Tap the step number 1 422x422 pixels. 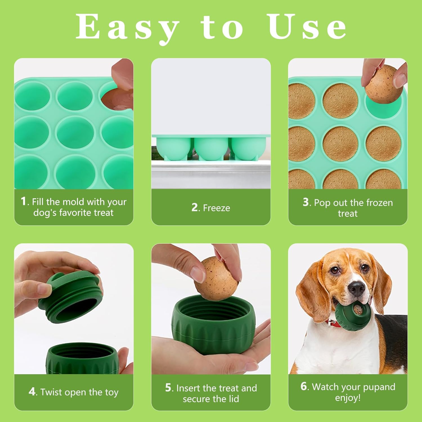pyautogui.click(x=24, y=201)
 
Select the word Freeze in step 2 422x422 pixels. pyautogui.click(x=216, y=208)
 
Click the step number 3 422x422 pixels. pyautogui.click(x=306, y=202)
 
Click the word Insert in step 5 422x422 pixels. pyautogui.click(x=188, y=388)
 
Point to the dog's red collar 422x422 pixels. pyautogui.click(x=333, y=324)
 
